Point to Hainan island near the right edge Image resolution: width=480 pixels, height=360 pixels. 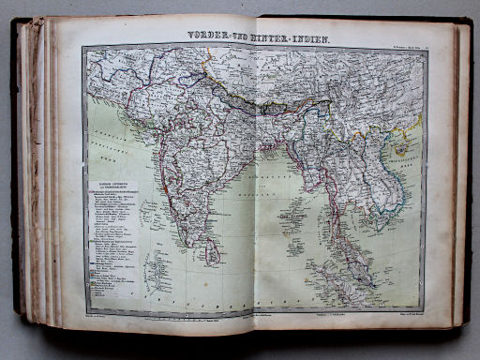[402, 147]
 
